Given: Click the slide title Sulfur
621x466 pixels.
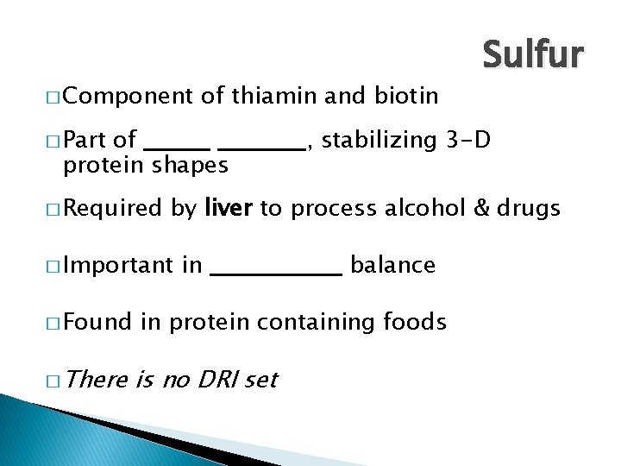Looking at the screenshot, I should point(534,54).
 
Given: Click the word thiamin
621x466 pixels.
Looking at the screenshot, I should point(275,95).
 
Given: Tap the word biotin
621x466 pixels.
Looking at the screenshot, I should point(406,95).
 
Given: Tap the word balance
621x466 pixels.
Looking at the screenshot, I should point(393,265).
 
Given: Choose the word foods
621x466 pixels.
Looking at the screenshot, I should point(415,323).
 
